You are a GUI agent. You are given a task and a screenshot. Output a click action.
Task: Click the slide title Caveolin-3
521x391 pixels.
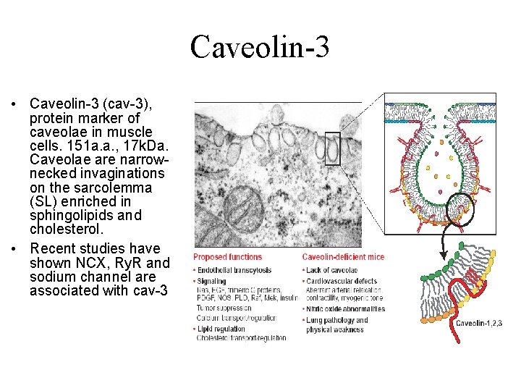(x=260, y=47)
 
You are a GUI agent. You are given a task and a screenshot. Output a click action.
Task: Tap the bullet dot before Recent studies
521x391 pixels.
(x=15, y=249)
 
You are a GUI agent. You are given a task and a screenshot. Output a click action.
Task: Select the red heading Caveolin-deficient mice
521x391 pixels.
(x=343, y=257)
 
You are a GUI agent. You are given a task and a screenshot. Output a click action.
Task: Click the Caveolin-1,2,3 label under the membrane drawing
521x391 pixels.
(x=479, y=323)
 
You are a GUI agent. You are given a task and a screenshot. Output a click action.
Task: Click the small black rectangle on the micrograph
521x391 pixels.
(x=332, y=148)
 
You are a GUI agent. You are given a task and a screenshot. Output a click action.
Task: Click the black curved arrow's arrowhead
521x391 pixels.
(x=443, y=255)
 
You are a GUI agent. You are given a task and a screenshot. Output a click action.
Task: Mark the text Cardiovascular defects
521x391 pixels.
(x=344, y=282)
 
